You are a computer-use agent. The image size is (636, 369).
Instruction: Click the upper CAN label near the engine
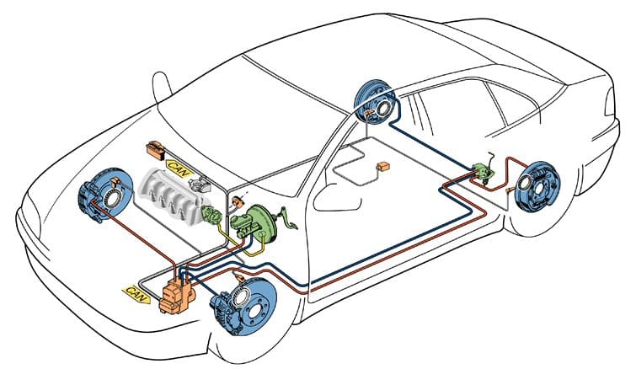coord(180,167)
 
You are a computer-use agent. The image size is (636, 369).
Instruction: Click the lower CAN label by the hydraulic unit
coord(136,291)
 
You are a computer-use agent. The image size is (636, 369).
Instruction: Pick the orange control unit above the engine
coord(157,151)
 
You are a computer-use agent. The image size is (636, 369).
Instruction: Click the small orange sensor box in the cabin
coord(384,166)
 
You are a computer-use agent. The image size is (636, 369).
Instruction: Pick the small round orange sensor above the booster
coord(238,202)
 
